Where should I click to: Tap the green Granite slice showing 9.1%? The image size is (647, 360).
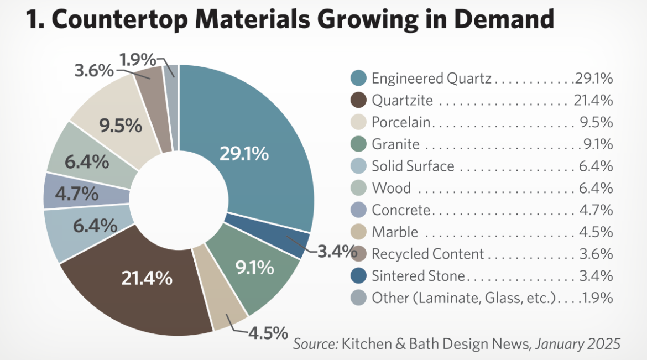coord(254,268)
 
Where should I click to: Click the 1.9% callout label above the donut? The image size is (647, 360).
coord(137,60)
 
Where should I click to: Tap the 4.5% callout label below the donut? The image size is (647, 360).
coord(268,333)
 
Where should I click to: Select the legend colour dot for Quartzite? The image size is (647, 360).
coord(358,100)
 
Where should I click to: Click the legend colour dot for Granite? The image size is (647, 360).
coord(358,144)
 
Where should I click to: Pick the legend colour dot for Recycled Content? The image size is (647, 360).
coord(358,254)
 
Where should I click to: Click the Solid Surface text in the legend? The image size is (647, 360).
coord(413,166)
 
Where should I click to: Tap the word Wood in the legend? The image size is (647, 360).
coord(391,188)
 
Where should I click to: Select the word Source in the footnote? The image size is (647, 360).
coord(315,344)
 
